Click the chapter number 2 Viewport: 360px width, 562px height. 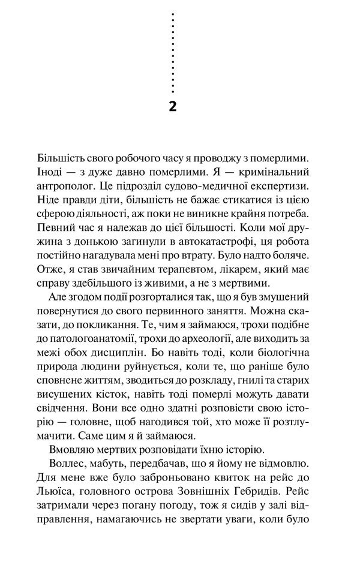[x=173, y=107]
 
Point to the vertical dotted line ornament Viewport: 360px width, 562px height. [x=173, y=53]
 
